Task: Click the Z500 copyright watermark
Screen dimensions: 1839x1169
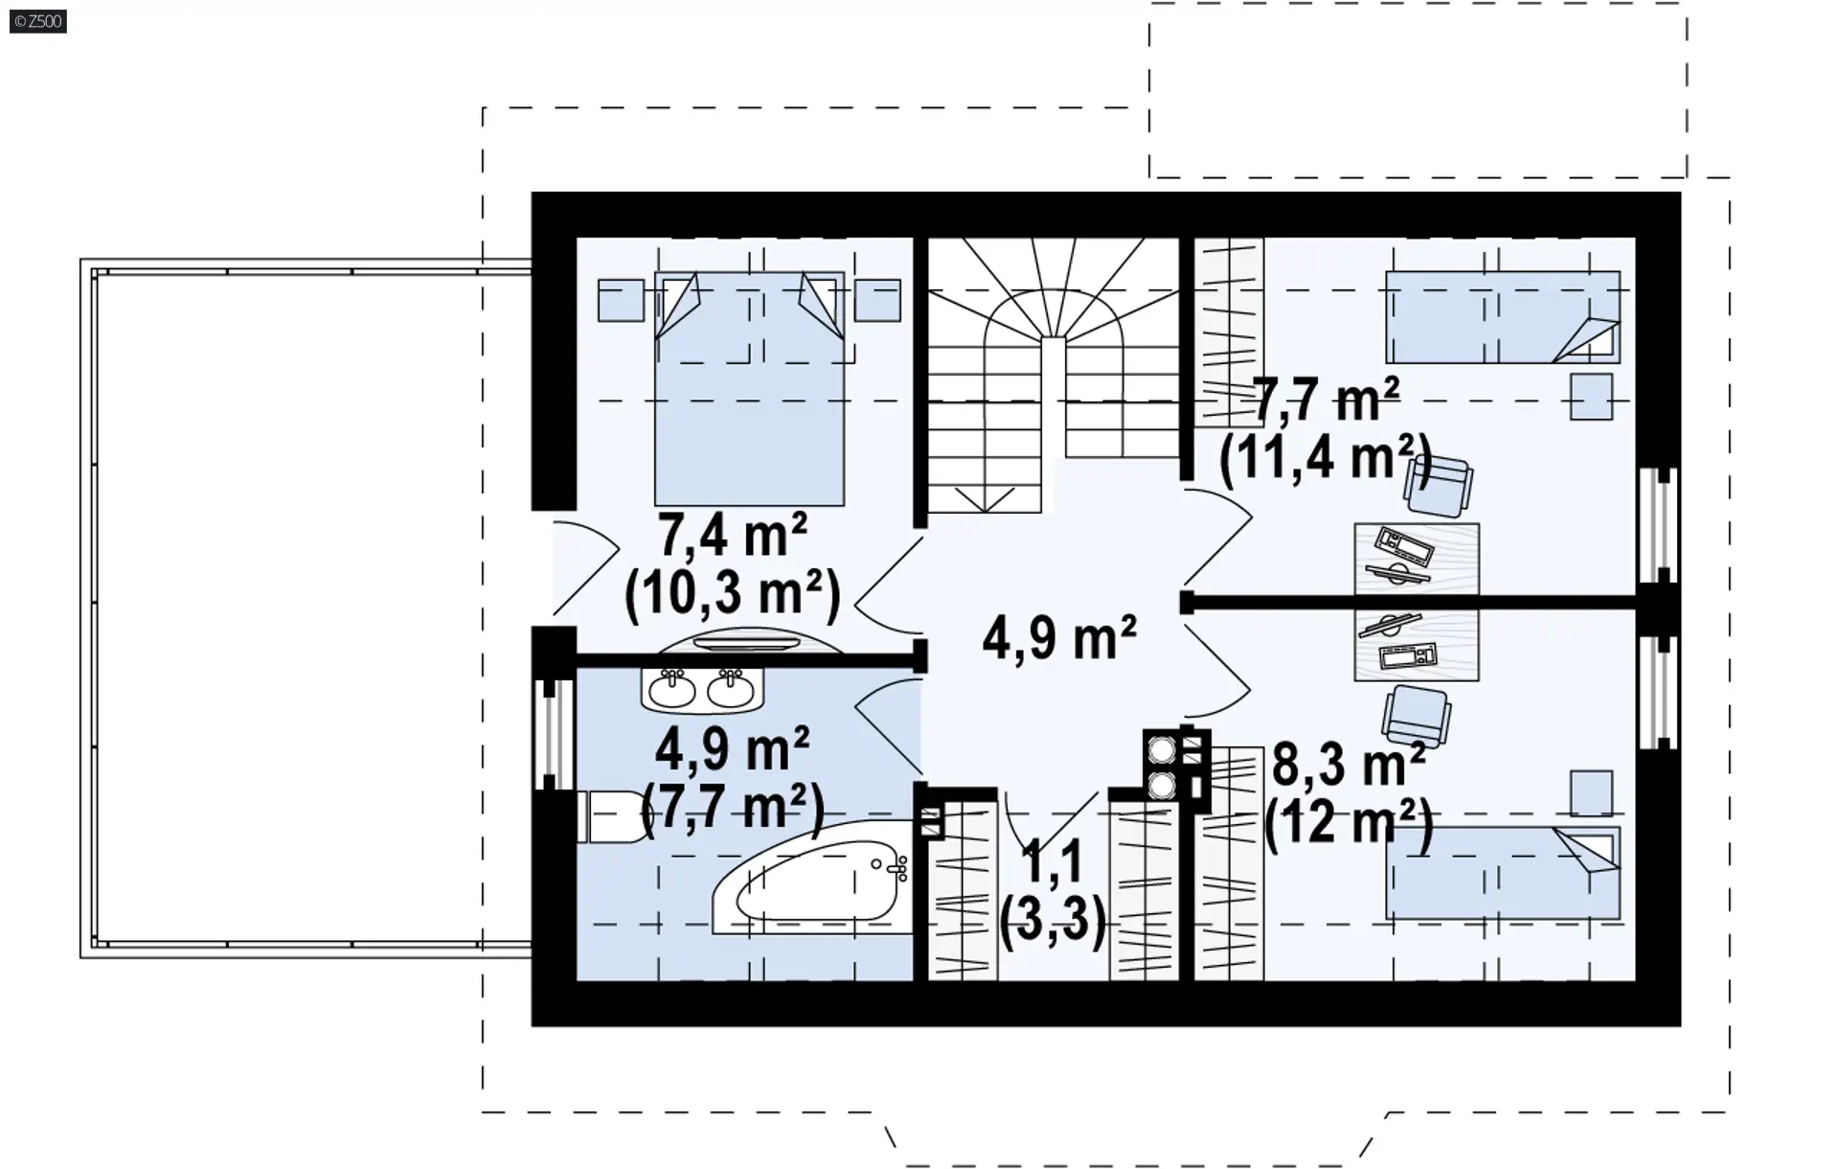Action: (38, 21)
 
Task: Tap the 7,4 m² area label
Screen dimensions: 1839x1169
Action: (733, 535)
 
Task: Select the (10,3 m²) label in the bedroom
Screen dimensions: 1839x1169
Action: (733, 593)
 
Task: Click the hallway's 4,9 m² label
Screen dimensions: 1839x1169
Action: (1059, 637)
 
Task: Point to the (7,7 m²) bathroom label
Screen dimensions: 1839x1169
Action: (733, 809)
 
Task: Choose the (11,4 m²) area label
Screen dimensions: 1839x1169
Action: (1326, 457)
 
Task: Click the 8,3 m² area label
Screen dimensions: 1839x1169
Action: (1349, 764)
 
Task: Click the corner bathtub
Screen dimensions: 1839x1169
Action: (810, 887)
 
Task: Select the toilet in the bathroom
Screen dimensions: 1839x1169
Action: (614, 816)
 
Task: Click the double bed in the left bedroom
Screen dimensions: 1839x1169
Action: (749, 388)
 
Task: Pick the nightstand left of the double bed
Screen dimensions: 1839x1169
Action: (621, 300)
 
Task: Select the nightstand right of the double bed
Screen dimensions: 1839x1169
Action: (877, 300)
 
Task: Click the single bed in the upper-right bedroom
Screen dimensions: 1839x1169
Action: (1503, 317)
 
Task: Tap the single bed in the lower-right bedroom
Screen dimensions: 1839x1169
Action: (1503, 873)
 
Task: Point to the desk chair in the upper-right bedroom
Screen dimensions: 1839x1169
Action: (1438, 485)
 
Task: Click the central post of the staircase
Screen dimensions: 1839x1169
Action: (1054, 398)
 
